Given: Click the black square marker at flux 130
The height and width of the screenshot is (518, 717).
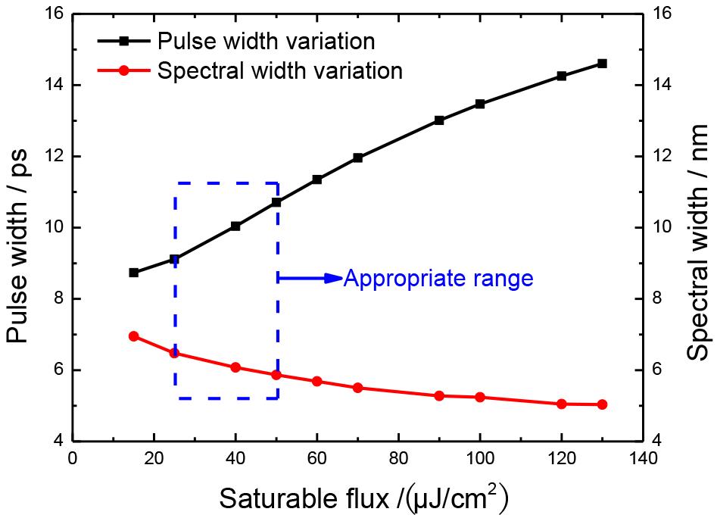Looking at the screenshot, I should click(x=602, y=64).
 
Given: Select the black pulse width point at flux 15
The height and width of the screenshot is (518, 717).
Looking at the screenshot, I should click(x=134, y=273).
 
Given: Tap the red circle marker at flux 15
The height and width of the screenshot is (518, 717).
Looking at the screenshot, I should click(x=134, y=336).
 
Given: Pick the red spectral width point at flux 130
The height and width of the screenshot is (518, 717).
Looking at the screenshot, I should click(x=602, y=404).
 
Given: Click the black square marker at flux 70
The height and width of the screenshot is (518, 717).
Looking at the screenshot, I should click(x=357, y=158).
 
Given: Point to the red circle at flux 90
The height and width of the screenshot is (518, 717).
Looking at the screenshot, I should click(x=439, y=396).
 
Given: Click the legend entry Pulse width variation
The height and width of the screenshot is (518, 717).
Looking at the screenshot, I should click(x=265, y=39).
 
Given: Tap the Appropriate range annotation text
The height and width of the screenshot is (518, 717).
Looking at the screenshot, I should click(x=438, y=279).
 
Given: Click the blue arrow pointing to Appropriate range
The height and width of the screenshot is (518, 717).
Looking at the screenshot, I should click(x=310, y=279).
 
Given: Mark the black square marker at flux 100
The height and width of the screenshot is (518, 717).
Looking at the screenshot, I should click(x=479, y=104).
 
